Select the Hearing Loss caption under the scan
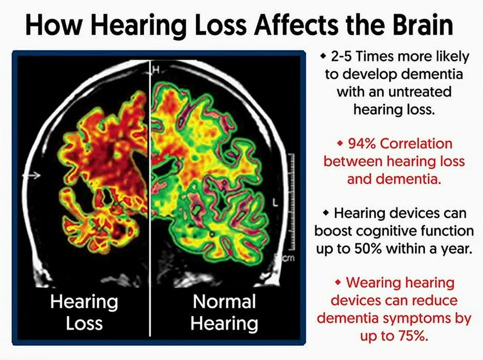(84, 312)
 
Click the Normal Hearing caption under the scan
(224, 312)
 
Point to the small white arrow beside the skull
(31, 175)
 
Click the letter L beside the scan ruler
(275, 203)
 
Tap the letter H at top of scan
(156, 70)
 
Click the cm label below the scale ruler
(288, 257)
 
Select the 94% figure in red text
(362, 144)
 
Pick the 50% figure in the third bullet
(368, 248)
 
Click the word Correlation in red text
(416, 144)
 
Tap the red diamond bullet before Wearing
(338, 282)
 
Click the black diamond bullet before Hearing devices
(326, 212)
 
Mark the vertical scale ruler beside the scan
(291, 202)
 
